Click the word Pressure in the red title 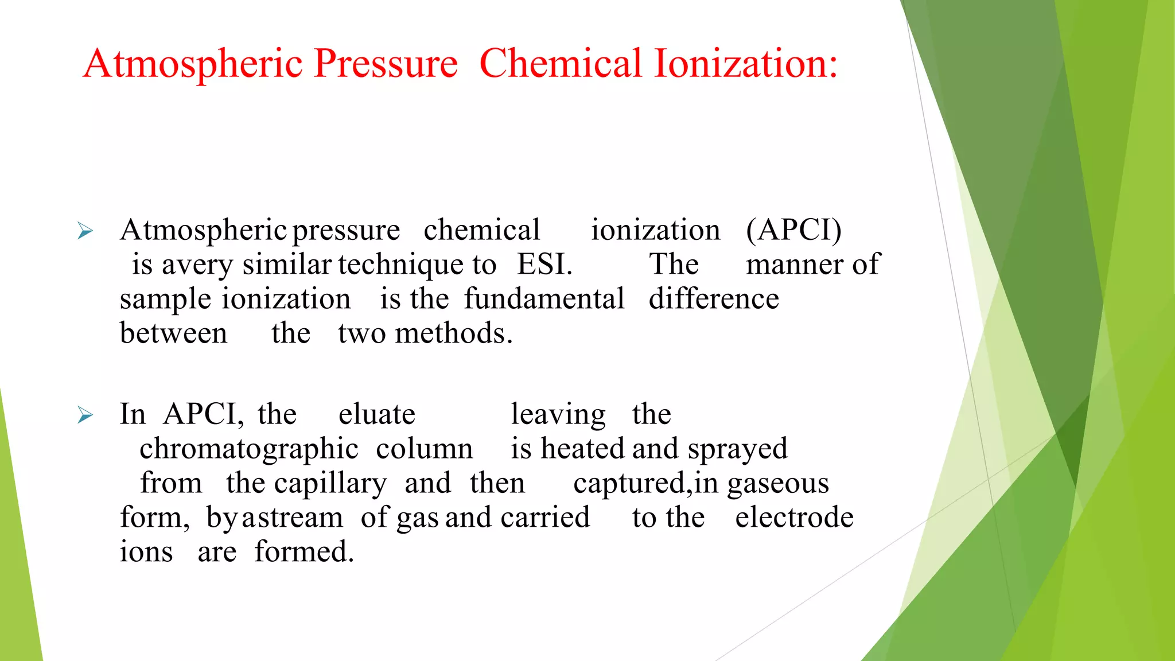386,64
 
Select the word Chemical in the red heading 560,64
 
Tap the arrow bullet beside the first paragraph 85,231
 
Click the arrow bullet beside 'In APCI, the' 85,415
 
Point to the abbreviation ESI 544,265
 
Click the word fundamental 544,299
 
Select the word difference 714,299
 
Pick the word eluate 376,414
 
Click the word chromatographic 249,449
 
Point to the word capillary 330,484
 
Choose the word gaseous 778,484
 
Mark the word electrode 794,518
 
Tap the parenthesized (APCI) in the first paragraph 793,230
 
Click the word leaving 558,415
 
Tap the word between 173,333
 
